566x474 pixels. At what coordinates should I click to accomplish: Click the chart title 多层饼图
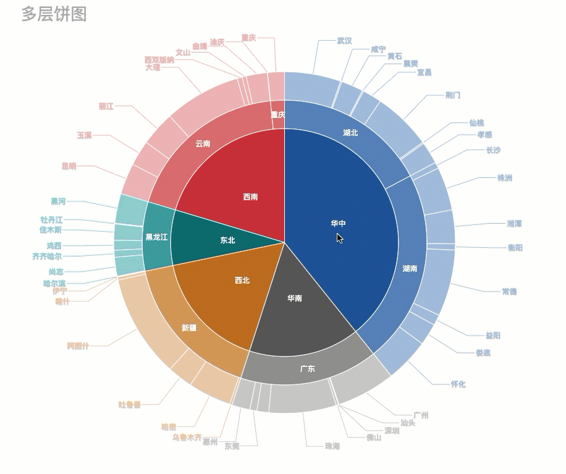[54, 14]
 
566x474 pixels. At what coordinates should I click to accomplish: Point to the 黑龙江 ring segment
[156, 237]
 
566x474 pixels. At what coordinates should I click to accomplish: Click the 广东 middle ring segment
[307, 369]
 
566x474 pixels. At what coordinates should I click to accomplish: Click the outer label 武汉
[344, 41]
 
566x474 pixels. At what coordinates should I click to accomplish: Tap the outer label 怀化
[458, 384]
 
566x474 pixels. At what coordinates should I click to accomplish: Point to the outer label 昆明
[69, 166]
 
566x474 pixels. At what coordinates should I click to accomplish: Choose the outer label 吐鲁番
[129, 405]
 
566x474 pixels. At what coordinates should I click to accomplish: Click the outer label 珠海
[332, 446]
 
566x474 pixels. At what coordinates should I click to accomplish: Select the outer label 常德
[509, 291]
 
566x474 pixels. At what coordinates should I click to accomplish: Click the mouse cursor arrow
[339, 238]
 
